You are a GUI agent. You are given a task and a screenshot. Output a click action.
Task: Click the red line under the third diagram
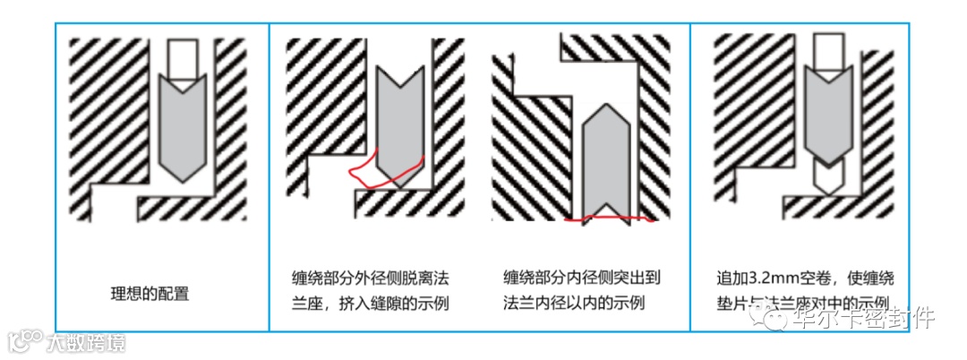pyautogui.click(x=609, y=218)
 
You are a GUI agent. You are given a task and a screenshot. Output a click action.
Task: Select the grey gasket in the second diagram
pyautogui.click(x=395, y=121)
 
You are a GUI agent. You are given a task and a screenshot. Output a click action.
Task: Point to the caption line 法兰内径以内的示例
pyautogui.click(x=573, y=303)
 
